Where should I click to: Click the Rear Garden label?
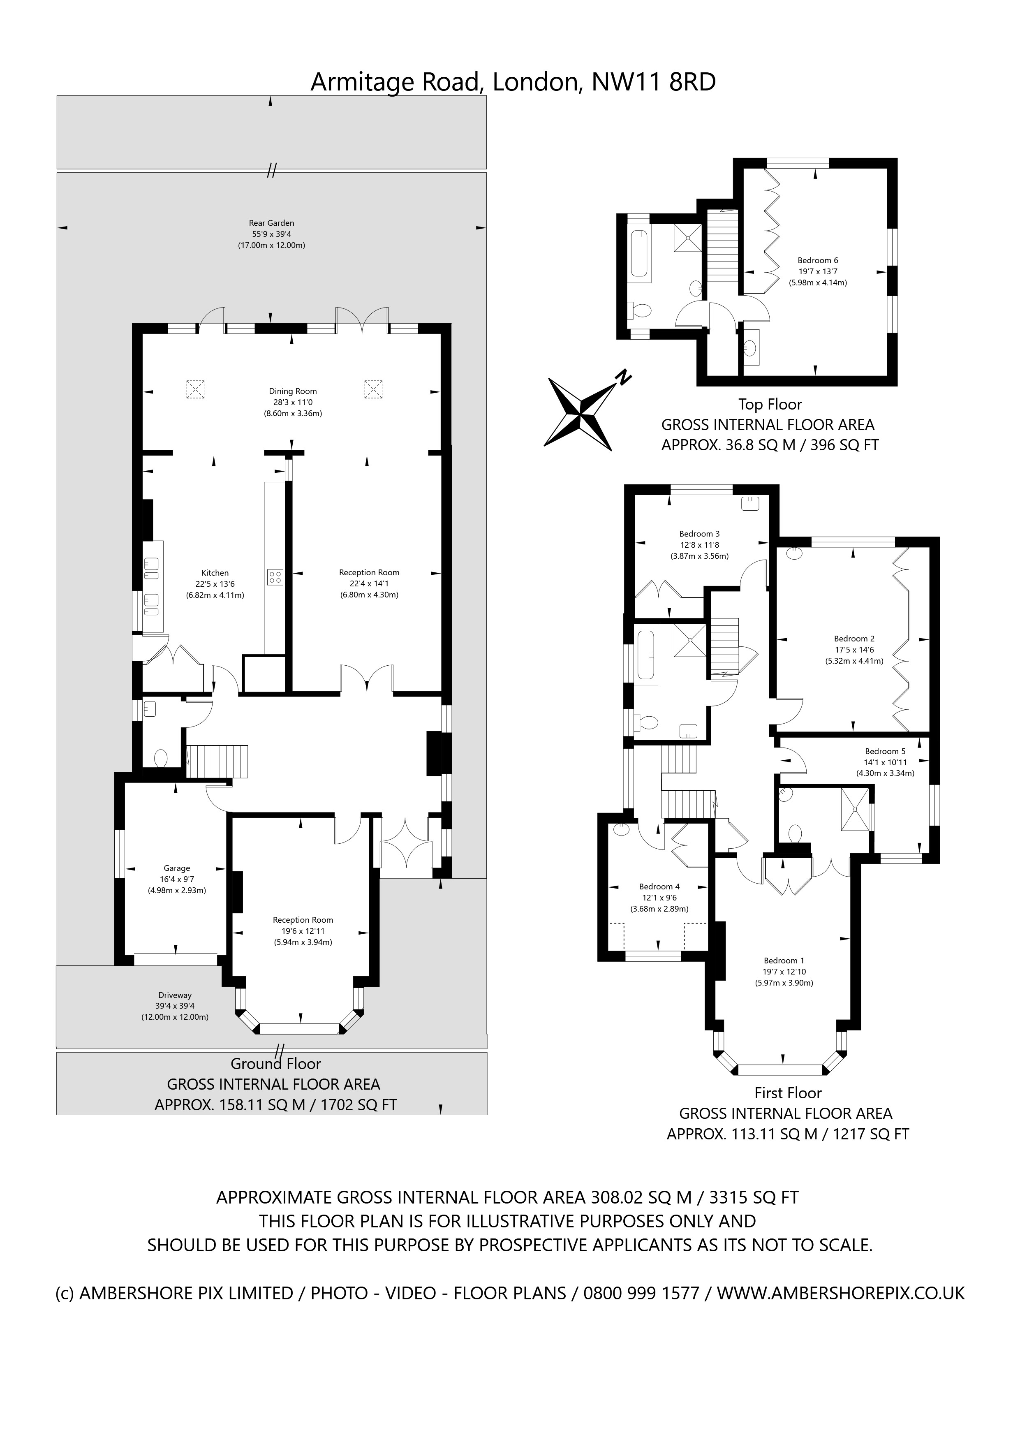271,223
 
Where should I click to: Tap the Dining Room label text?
293,391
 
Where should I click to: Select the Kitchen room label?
215,573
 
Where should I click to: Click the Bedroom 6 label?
818,261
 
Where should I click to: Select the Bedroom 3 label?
699,534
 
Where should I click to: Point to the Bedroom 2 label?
854,639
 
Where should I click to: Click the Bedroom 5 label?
885,751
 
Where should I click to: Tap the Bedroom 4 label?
659,887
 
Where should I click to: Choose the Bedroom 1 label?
784,960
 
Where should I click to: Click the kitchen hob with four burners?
275,576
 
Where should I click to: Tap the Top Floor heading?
770,405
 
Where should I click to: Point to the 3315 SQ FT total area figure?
754,1198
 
